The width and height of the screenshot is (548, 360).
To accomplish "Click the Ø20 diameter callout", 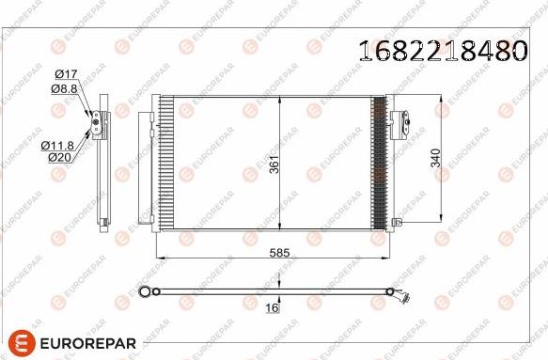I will (59, 157).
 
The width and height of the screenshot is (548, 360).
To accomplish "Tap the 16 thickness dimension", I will (273, 306).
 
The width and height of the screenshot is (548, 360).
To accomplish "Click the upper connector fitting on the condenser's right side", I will (399, 120).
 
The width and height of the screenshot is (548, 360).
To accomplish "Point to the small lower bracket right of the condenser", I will (397, 222).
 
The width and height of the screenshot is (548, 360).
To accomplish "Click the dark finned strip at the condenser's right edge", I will (379, 162).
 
